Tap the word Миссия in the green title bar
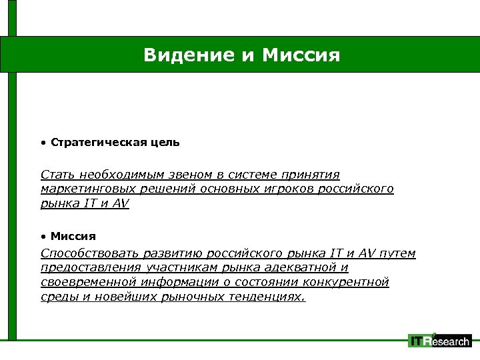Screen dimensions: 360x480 (x=301, y=54)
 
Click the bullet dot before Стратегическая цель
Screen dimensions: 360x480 (x=43, y=143)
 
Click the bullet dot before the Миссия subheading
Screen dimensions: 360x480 (x=43, y=236)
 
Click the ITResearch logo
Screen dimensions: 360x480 (x=439, y=341)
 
